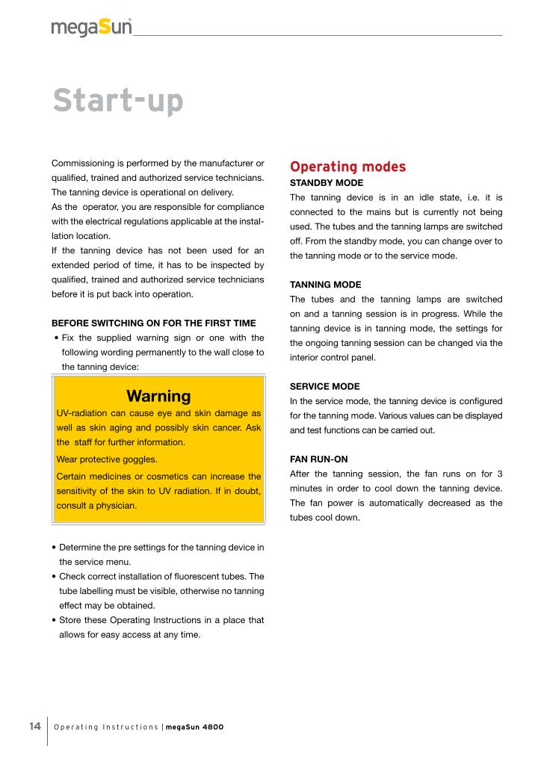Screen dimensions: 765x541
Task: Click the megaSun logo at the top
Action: tap(91, 28)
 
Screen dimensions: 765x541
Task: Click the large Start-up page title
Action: tap(117, 102)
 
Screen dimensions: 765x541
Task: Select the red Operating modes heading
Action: tap(347, 166)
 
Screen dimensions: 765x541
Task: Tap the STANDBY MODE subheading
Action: tap(327, 182)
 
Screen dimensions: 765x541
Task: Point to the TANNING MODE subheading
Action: tap(325, 285)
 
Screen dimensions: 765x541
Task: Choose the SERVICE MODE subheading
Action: tap(324, 386)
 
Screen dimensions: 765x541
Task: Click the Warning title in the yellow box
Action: tap(158, 396)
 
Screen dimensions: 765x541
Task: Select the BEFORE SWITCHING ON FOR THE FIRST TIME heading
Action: tap(153, 323)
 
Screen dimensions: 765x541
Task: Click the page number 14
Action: tap(34, 727)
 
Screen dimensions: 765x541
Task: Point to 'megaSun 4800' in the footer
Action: tap(195, 728)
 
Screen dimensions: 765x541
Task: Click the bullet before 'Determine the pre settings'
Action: tap(55, 548)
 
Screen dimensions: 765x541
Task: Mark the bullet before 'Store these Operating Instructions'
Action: tap(55, 620)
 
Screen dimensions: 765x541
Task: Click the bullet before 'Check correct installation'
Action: tap(55, 577)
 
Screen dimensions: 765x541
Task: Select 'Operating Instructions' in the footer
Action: tap(106, 728)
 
